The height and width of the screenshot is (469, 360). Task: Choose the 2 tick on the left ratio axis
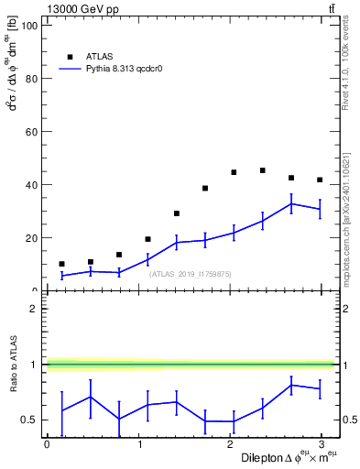37,309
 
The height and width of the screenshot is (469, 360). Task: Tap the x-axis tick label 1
140,444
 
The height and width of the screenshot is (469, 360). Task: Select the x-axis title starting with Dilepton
289,458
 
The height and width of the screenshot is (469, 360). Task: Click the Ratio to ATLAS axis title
13,384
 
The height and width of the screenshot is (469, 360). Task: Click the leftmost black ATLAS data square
61,264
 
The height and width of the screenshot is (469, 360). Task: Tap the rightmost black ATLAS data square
320,180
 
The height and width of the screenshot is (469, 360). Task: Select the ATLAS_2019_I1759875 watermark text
191,274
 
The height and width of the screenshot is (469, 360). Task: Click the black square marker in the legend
70,56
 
